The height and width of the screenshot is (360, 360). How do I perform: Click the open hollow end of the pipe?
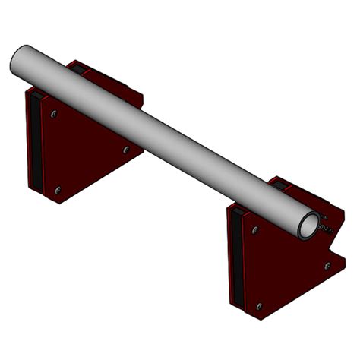(309, 225)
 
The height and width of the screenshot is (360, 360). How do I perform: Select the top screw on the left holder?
(54, 115)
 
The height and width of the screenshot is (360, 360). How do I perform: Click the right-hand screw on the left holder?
(122, 148)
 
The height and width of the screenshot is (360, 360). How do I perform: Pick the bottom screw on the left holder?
(58, 189)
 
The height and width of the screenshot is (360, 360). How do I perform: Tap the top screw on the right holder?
(255, 229)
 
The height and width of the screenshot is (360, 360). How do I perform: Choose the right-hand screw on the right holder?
(327, 265)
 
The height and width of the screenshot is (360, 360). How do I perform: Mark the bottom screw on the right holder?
(258, 305)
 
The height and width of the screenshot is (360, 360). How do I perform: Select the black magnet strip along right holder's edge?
(236, 258)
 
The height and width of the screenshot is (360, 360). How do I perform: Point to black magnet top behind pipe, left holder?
(77, 68)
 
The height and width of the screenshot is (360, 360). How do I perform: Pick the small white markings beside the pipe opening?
(326, 226)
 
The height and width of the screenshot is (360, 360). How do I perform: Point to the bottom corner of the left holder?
(58, 202)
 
